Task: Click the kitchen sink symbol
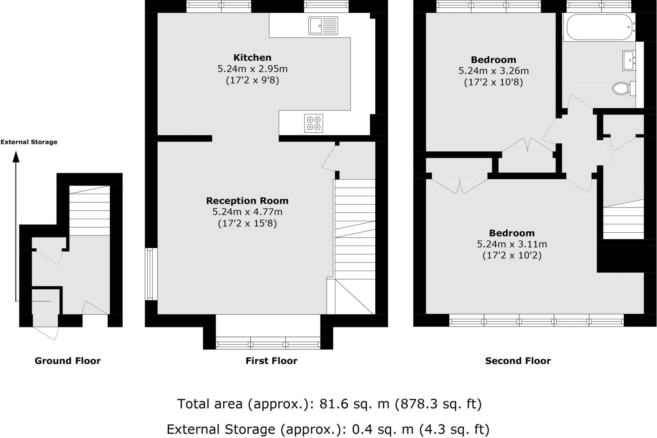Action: point(323,26)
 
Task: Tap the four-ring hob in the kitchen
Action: point(313,123)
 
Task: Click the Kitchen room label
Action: point(252,58)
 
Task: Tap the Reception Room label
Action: point(247,201)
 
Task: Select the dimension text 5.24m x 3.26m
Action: point(493,71)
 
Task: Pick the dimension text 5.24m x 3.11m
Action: point(512,244)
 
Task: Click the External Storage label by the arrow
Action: point(29,142)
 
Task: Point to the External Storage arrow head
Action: point(16,157)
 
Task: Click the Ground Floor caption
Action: point(67,361)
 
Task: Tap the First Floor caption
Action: point(271,361)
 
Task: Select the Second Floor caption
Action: point(517,361)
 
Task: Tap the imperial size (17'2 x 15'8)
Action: point(247,223)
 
